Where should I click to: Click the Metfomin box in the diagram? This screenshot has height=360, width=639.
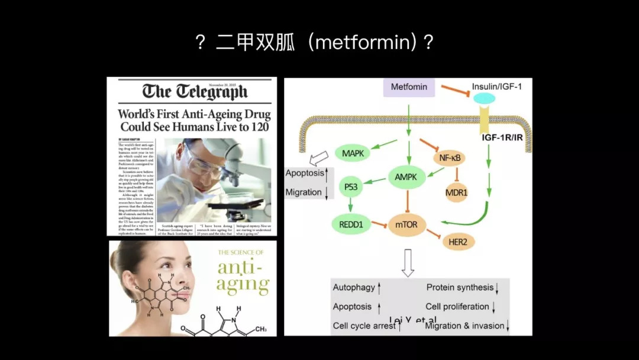[409, 87]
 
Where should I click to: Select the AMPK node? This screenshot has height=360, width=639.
[406, 176]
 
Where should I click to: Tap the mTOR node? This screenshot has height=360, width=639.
[406, 225]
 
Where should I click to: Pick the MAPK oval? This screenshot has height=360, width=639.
[353, 153]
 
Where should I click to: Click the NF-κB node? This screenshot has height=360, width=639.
[449, 158]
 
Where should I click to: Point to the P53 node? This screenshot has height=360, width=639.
[351, 187]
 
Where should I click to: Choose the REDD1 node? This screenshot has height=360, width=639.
[350, 224]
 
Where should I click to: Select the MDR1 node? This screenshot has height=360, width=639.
[456, 193]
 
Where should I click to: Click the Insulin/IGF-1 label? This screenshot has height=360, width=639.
[497, 86]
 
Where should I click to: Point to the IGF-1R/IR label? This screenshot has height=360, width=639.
[502, 138]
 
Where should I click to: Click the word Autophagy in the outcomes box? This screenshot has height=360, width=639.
[354, 287]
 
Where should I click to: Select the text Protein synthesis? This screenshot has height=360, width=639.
[460, 287]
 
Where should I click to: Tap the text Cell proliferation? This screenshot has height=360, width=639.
[457, 307]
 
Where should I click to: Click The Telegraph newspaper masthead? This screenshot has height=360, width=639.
[195, 92]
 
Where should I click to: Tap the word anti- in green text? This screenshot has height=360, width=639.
[240, 267]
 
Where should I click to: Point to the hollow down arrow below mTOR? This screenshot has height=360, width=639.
[408, 262]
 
